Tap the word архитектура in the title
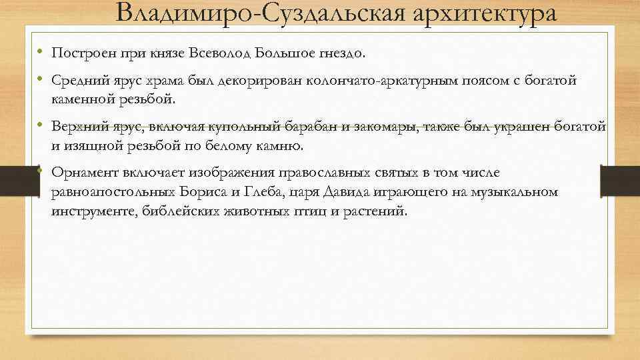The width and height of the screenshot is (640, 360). point(486,13)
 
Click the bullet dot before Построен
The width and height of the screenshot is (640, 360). point(40,52)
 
